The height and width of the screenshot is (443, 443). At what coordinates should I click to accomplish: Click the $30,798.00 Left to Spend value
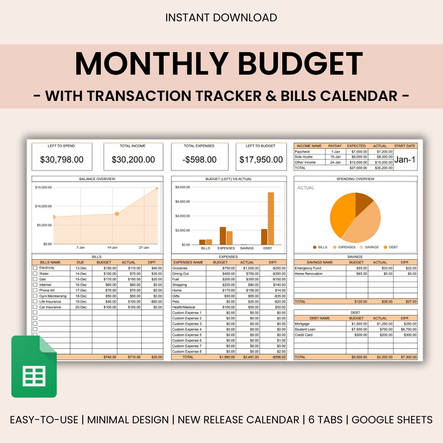click(62, 160)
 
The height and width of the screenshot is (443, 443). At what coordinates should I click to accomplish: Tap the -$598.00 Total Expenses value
click(199, 160)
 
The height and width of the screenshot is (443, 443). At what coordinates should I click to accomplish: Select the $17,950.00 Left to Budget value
click(261, 160)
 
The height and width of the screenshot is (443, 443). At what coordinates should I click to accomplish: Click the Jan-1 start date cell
click(405, 160)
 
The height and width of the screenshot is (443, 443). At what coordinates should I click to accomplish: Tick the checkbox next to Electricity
click(35, 268)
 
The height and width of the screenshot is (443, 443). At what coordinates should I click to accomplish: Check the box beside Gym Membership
click(35, 296)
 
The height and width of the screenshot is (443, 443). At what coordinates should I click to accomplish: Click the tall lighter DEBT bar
click(271, 218)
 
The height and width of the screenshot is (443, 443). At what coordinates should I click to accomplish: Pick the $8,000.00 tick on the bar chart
click(183, 187)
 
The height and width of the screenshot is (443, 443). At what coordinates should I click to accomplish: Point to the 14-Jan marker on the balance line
click(117, 214)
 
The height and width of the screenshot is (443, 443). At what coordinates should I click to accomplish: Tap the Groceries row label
click(180, 268)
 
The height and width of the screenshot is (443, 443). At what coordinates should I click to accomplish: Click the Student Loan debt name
click(305, 329)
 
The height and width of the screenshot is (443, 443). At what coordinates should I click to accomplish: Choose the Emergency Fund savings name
click(308, 268)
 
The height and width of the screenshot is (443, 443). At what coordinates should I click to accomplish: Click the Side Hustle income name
click(304, 157)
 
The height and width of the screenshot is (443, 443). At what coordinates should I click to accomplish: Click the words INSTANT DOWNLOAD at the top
click(221, 18)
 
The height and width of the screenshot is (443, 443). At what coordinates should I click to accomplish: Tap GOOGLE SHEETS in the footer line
click(392, 420)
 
